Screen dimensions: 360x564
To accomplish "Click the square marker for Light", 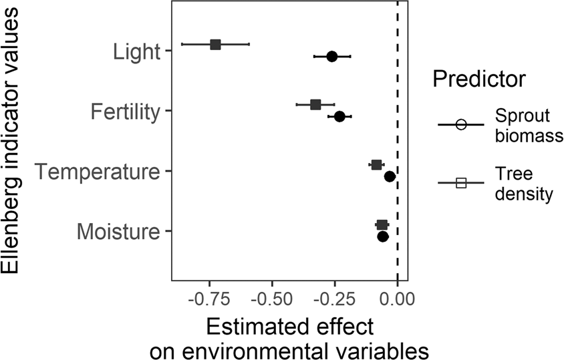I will tap(215, 44).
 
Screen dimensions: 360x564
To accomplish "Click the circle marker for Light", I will tap(331, 57).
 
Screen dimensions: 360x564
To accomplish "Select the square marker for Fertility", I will tap(315, 105).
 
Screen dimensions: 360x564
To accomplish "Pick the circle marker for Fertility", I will tap(339, 117).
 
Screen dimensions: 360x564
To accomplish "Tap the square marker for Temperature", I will tap(376, 164).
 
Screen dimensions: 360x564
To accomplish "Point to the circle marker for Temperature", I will tap(390, 176).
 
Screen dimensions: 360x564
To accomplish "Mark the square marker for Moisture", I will tap(382, 225).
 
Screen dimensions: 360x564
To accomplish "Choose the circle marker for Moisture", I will tap(383, 236).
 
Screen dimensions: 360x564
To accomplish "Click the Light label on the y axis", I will tap(136, 51).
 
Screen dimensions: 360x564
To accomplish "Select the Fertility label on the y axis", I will tap(125, 112).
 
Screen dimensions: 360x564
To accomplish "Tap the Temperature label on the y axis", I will tap(98, 172).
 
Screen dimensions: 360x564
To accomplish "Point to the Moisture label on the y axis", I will tap(118, 232).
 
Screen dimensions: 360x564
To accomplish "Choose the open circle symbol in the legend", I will tap(460, 125).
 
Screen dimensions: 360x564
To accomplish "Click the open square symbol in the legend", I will tap(460, 184).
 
